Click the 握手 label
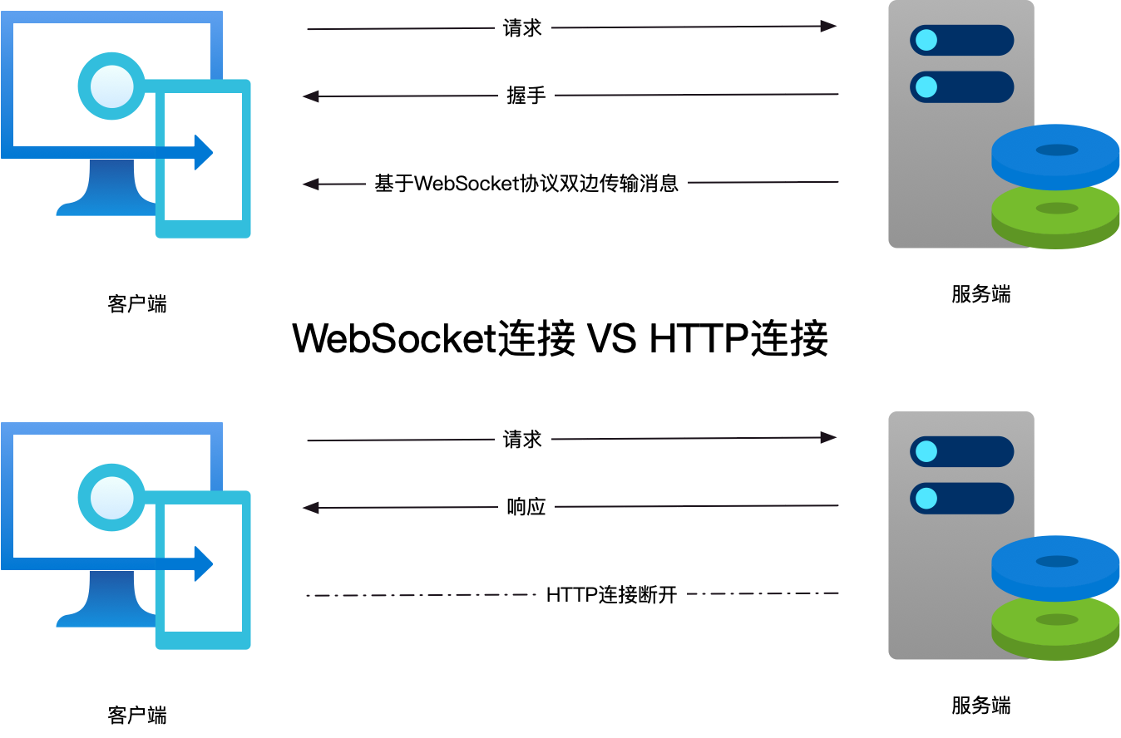click(x=526, y=96)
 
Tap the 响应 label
click(x=526, y=506)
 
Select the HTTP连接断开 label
click(x=612, y=594)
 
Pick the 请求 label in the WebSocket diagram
click(x=523, y=28)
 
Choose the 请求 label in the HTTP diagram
click(x=523, y=439)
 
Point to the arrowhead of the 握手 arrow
click(x=310, y=96)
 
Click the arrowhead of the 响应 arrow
click(x=310, y=507)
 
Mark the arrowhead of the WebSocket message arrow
click(x=310, y=184)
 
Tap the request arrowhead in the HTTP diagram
click(x=828, y=437)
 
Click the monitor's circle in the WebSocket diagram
click(x=111, y=86)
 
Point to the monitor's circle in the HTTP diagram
click(x=111, y=497)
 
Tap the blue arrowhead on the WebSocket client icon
click(x=204, y=152)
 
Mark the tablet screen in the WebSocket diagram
click(x=204, y=199)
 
